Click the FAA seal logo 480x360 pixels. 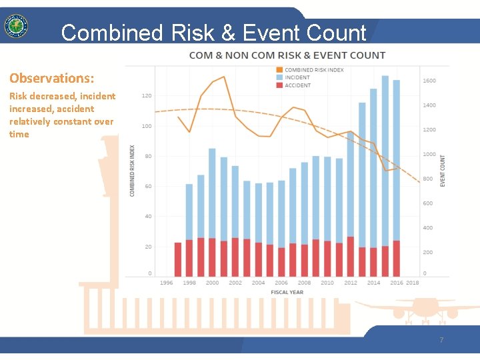16,27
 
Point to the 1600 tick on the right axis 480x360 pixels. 429,81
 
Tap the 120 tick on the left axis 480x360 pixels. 146,96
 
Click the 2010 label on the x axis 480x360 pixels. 327,283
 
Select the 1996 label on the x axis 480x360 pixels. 167,283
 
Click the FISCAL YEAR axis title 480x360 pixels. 287,292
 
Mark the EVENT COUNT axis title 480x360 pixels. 443,171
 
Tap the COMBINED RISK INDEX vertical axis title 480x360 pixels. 132,171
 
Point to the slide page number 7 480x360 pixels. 441,340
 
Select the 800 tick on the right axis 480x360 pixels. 427,179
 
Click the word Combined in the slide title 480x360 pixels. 111,33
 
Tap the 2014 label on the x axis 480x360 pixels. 373,283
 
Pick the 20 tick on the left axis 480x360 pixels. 147,247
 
